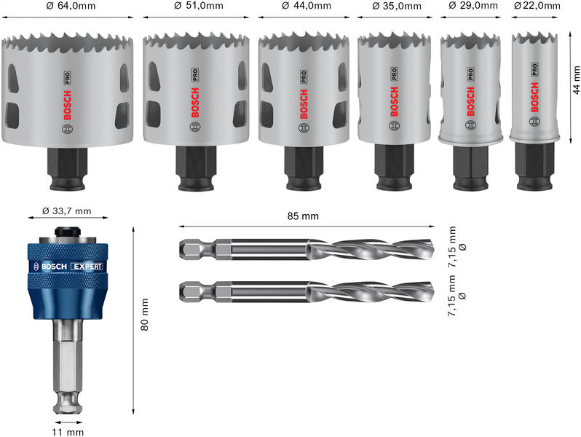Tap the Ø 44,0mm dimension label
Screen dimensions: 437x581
[x=306, y=7]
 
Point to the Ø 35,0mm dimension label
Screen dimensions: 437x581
[x=397, y=7]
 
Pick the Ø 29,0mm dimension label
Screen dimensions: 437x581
[x=471, y=7]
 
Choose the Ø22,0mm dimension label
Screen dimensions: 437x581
[x=537, y=7]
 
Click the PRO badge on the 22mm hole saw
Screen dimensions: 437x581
[x=534, y=70]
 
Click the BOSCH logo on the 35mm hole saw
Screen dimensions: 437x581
[x=395, y=101]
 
